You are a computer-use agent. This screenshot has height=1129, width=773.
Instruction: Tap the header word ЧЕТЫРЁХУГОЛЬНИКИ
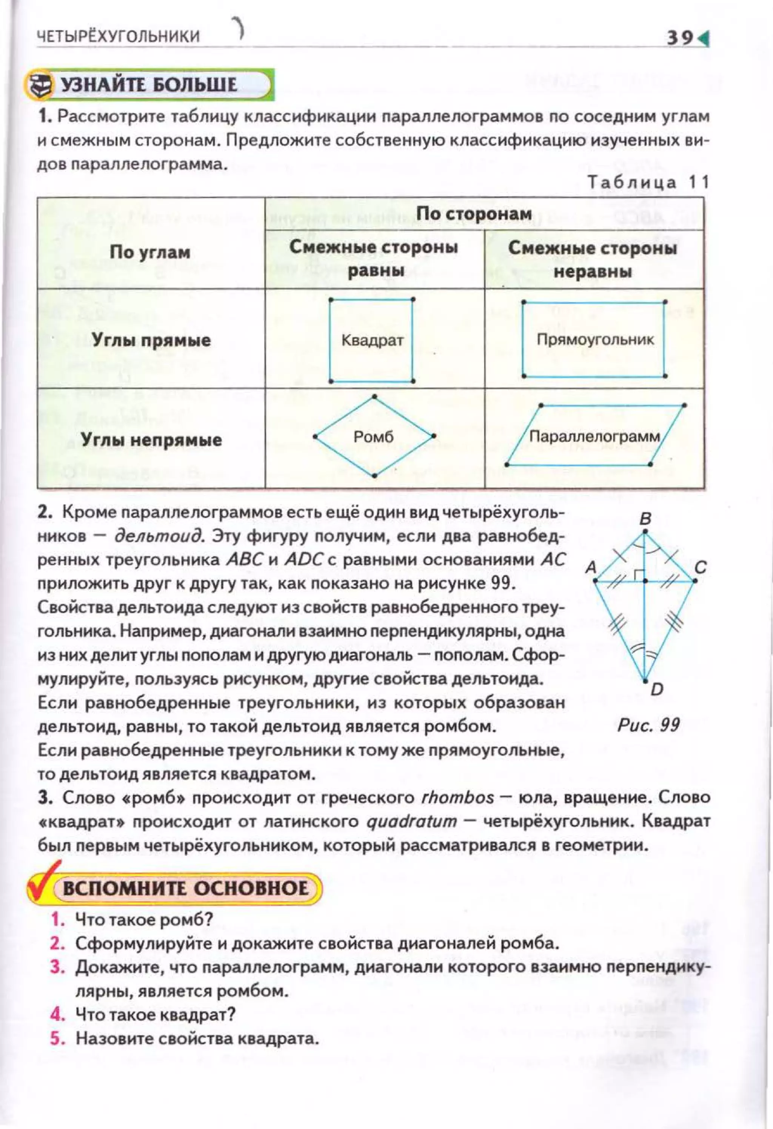click(119, 37)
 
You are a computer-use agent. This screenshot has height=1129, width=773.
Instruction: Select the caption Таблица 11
click(648, 182)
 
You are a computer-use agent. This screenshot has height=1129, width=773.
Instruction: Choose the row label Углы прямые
click(151, 340)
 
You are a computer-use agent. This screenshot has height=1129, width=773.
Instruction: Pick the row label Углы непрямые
click(151, 440)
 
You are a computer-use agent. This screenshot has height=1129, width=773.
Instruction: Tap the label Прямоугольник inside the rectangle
click(595, 339)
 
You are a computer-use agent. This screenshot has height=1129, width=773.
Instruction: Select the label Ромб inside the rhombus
click(373, 437)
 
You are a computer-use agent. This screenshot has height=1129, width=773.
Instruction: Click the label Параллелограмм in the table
click(594, 436)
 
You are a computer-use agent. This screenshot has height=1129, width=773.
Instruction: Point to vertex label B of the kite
click(645, 519)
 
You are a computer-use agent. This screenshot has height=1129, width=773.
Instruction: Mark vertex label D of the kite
click(656, 689)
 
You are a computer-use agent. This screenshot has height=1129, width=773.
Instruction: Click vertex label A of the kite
click(591, 567)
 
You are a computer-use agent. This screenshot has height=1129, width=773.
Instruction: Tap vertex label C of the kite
click(700, 567)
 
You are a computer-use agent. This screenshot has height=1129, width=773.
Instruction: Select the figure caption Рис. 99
click(648, 725)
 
